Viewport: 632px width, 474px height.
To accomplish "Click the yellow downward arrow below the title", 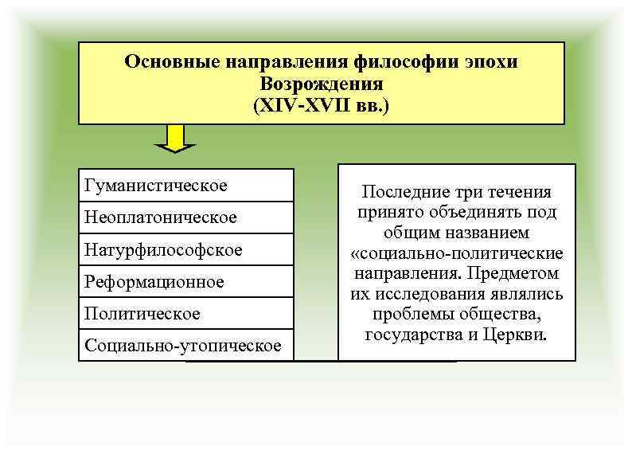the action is (175, 139).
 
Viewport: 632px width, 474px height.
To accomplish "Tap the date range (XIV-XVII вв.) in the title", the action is (322, 104).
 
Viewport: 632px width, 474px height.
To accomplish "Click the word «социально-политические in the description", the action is (457, 253).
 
